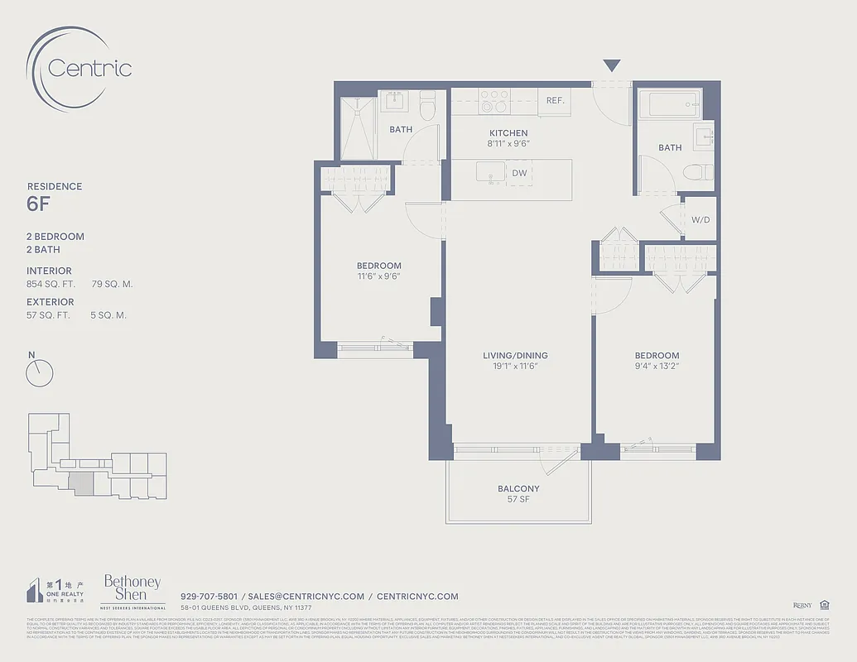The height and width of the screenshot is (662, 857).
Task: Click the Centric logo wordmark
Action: [89, 67]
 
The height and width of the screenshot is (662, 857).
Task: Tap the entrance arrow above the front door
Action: [611, 66]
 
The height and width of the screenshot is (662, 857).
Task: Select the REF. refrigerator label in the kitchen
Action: [555, 101]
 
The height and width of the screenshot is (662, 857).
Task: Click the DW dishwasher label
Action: [519, 173]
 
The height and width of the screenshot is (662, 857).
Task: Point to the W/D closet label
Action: [700, 221]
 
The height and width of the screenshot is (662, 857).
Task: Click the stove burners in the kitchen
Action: [494, 102]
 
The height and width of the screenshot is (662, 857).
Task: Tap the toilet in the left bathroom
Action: [427, 105]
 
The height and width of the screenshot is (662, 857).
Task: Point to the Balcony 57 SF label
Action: [518, 494]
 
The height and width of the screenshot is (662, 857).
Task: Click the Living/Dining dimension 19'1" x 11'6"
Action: [515, 366]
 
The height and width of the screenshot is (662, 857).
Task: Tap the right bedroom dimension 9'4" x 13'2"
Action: [657, 366]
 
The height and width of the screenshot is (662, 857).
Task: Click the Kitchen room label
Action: [508, 133]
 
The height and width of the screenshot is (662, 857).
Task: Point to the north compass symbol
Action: [39, 373]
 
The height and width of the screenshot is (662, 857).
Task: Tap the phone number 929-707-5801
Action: [209, 596]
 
